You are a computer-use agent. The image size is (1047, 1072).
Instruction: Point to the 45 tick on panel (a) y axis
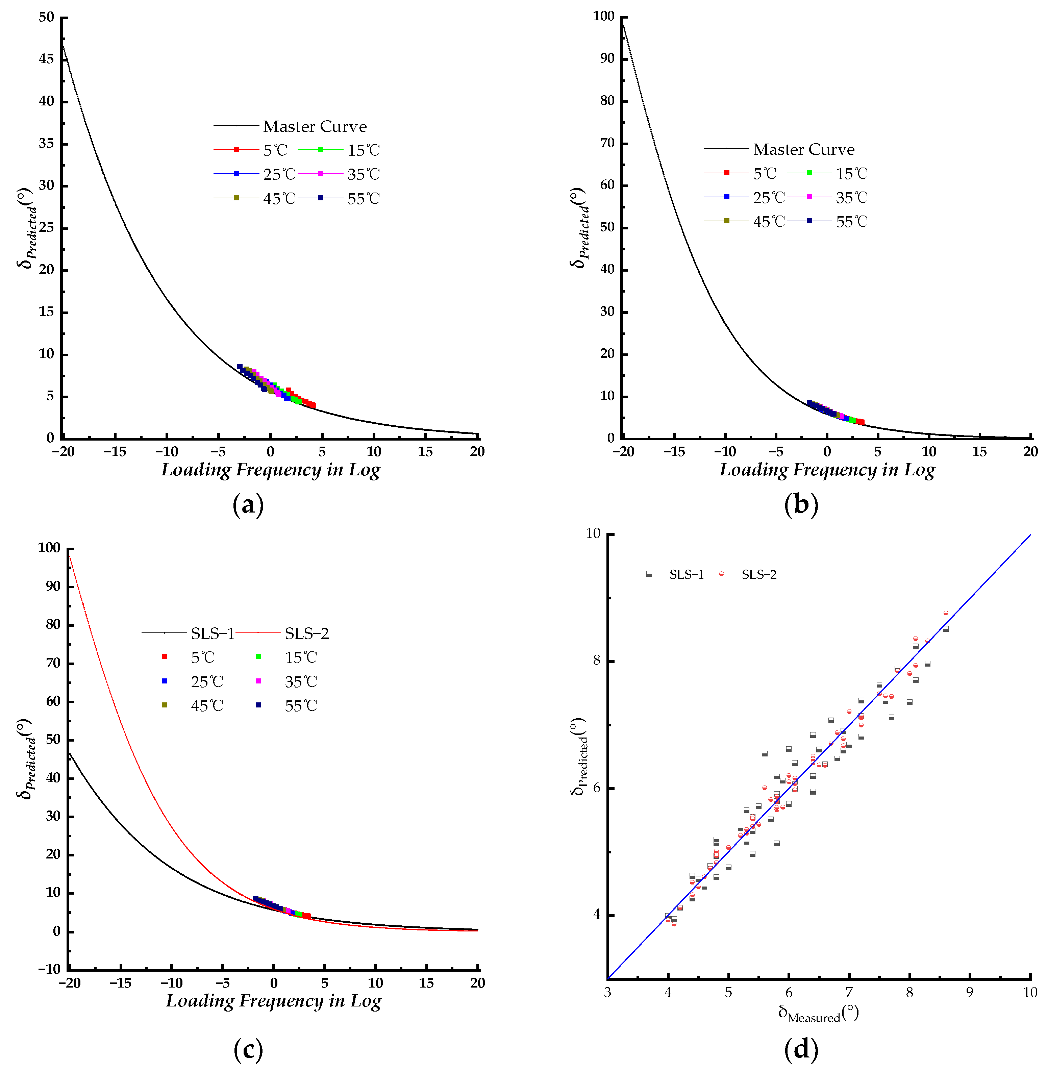click(x=47, y=59)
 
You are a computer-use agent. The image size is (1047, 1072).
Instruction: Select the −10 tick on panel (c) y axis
click(x=49, y=969)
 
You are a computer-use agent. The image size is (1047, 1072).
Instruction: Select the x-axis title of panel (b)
click(x=827, y=470)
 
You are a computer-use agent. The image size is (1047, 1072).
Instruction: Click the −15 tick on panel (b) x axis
click(x=674, y=452)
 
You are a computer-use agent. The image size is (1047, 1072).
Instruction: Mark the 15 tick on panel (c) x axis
click(x=426, y=983)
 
